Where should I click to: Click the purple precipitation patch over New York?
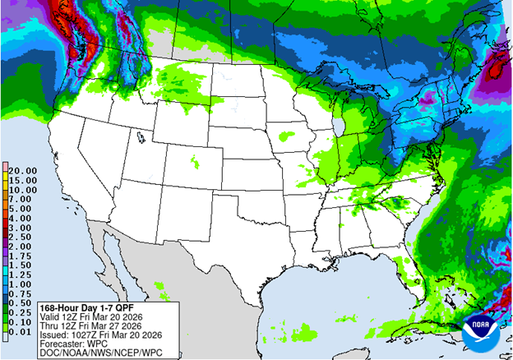[x=427, y=100]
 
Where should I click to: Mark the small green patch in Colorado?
[x=195, y=161]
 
